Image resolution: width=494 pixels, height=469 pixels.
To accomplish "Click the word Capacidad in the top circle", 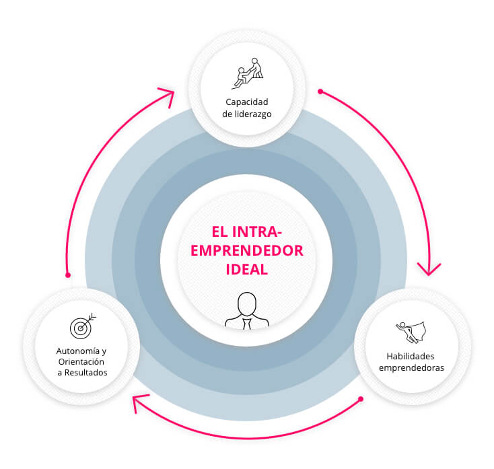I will pyautogui.click(x=247, y=102).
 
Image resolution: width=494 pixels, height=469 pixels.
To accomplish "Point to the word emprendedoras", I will pyautogui.click(x=411, y=367).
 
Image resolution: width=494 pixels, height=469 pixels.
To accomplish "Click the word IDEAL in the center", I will pyautogui.click(x=246, y=269).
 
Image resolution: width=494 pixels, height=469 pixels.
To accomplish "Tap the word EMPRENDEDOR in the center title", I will pyautogui.click(x=247, y=250).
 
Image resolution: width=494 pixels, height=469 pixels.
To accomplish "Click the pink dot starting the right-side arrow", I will pyautogui.click(x=320, y=91).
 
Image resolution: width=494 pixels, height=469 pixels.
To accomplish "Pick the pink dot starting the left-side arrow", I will pyautogui.click(x=67, y=275).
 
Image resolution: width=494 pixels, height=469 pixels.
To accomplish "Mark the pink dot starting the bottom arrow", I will pyautogui.click(x=361, y=399).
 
